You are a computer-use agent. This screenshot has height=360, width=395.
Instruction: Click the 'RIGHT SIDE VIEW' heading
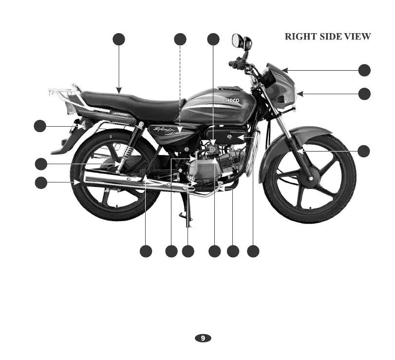click(x=327, y=37)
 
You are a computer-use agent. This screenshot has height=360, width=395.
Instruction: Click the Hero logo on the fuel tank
click(x=232, y=100)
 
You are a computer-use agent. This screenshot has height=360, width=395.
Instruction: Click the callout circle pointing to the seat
click(x=118, y=39)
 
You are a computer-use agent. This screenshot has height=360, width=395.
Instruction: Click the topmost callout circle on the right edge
click(x=364, y=70)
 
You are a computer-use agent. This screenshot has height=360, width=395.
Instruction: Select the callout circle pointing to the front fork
click(x=364, y=152)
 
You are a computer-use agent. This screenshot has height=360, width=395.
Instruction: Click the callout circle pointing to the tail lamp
click(x=40, y=126)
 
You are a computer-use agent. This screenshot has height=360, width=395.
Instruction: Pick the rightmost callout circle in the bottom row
click(x=253, y=251)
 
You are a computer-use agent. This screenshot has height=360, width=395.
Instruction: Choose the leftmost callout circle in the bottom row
click(x=145, y=251)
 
